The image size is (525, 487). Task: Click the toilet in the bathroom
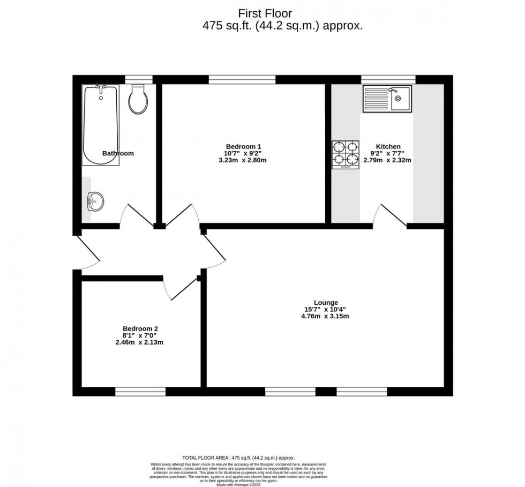tap(138, 99)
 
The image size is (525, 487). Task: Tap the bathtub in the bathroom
tap(100, 125)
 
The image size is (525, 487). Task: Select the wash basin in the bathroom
tap(95, 201)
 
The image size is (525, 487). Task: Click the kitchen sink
tap(387, 99)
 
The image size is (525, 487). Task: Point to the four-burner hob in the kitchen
tap(345, 154)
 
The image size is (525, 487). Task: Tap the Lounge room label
tap(326, 303)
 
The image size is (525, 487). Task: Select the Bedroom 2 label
tap(140, 329)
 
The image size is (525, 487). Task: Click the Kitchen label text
tap(388, 146)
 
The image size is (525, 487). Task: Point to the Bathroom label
tap(118, 153)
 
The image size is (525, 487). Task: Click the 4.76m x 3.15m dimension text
tap(326, 316)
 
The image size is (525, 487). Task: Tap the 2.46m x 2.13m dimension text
tap(140, 342)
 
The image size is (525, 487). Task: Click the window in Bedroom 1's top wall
tap(242, 79)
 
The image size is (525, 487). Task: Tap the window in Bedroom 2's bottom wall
tap(140, 392)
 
